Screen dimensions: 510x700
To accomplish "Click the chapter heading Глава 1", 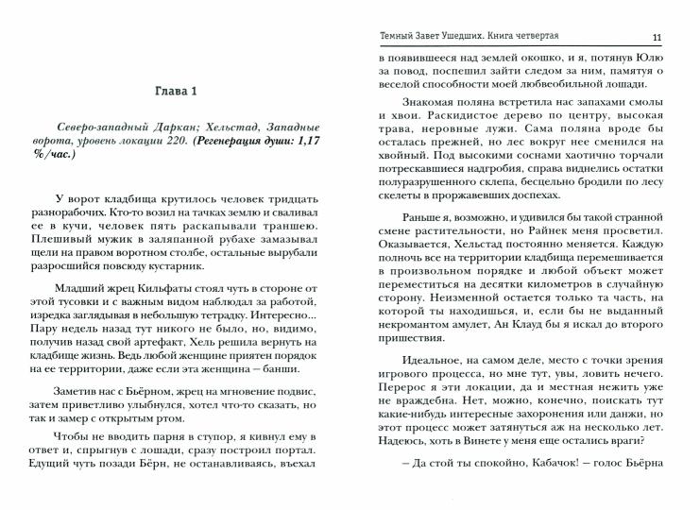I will pos(175,91).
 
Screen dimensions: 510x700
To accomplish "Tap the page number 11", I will pos(657,37).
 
